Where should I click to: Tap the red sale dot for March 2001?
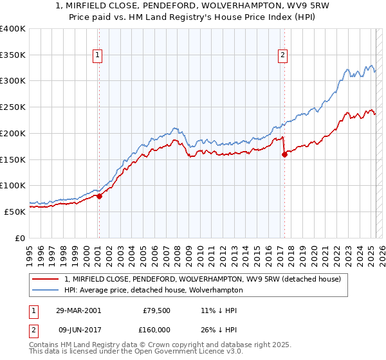(x=100, y=196)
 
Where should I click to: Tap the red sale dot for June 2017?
(x=284, y=154)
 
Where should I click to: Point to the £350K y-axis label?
(x=13, y=55)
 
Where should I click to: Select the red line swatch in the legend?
(x=46, y=280)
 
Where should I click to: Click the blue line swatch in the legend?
(x=46, y=290)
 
